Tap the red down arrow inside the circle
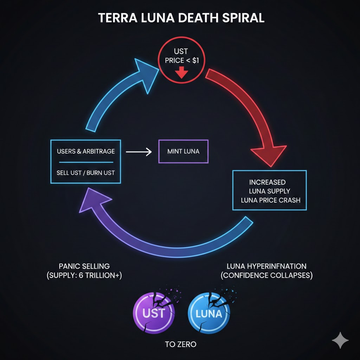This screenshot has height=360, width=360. tap(182, 72)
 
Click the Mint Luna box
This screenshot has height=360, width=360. tap(183, 152)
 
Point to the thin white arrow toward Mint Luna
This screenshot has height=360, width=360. tap(138, 152)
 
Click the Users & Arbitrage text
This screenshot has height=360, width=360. tap(85, 152)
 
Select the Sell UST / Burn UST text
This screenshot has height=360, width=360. tap(85, 173)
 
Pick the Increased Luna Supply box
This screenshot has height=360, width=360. tap(269, 190)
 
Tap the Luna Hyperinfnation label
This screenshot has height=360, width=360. tap(266, 266)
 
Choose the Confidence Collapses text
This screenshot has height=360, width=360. tap(266, 275)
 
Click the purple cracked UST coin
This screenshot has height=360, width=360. tap(154, 312)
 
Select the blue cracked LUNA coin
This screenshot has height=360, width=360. tap(209, 312)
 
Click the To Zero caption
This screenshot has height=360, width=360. tap(180, 344)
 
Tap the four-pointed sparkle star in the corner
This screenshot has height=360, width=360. tap(340, 341)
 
